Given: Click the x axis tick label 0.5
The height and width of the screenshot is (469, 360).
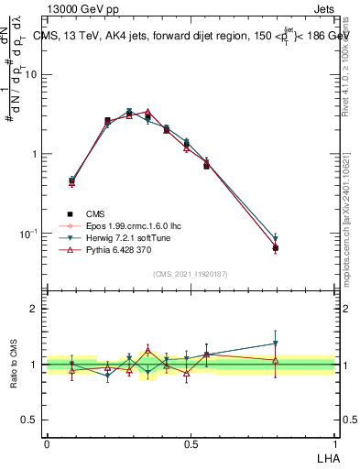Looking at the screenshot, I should [x=191, y=443].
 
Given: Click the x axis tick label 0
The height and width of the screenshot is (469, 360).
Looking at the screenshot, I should [x=47, y=443].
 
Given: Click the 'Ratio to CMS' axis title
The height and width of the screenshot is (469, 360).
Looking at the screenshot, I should [x=15, y=364].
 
